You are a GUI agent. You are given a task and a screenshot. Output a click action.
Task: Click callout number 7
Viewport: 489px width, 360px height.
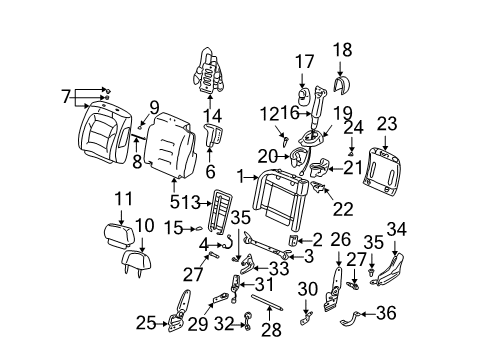point(66,96)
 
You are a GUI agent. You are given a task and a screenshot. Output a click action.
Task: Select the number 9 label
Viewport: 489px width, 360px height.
point(155,107)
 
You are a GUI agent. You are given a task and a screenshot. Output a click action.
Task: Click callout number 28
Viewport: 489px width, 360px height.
point(268,329)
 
